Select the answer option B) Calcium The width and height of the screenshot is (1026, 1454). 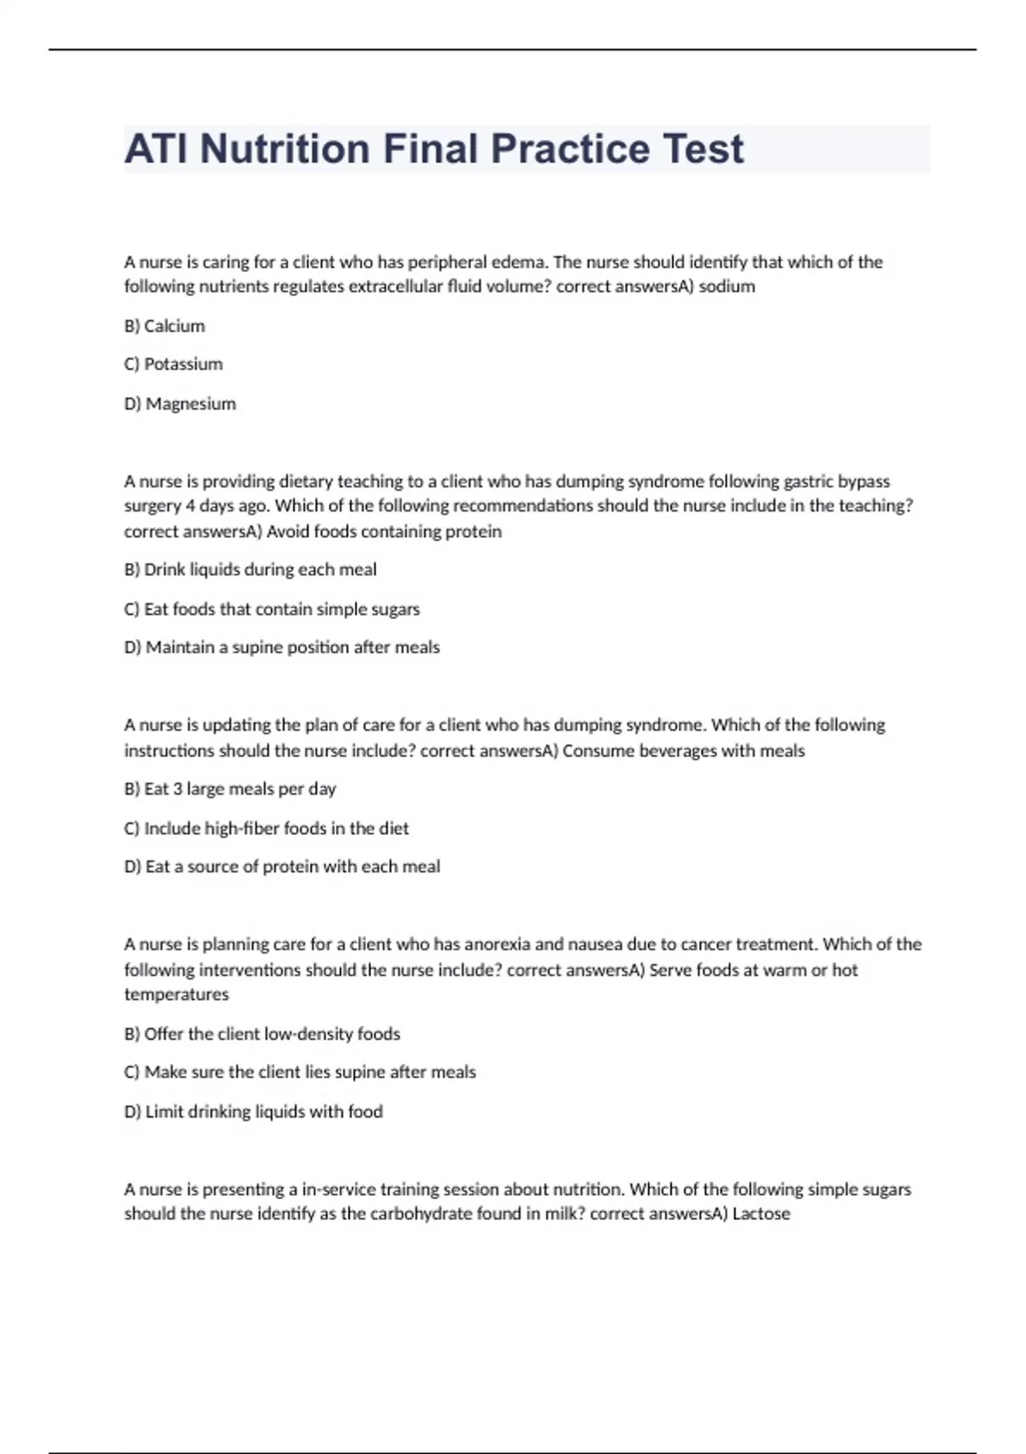(x=164, y=326)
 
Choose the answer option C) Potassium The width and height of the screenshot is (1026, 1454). (x=174, y=364)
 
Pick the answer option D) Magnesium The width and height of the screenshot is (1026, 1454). (x=180, y=404)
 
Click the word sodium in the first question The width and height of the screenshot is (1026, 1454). (x=727, y=287)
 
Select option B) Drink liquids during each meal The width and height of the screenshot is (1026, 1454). (x=250, y=570)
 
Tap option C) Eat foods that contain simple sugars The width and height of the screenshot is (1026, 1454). (x=272, y=609)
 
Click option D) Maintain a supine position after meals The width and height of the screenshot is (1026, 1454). (x=281, y=647)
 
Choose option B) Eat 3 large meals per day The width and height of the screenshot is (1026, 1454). (x=230, y=789)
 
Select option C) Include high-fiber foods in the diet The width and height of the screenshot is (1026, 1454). (x=266, y=828)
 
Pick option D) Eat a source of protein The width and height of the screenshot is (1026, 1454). (x=281, y=866)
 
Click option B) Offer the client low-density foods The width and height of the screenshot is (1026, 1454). (x=262, y=1034)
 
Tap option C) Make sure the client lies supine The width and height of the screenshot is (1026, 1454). (x=299, y=1073)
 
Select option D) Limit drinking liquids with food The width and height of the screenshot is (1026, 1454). (x=253, y=1112)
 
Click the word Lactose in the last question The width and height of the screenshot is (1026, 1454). (x=761, y=1214)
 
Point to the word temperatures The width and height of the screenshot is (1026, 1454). (x=176, y=995)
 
